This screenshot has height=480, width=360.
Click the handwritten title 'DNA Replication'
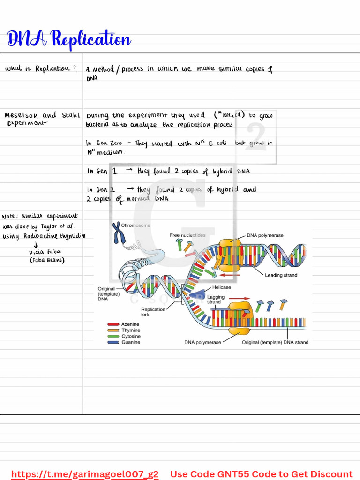69,39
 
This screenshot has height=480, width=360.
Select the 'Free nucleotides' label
187,235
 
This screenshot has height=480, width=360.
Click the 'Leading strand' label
281,275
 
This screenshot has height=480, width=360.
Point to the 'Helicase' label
222,287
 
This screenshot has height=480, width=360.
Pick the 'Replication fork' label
153,312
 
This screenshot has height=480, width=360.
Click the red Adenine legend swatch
113,324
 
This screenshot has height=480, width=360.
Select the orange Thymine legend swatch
113,330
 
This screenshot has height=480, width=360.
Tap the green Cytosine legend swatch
113,337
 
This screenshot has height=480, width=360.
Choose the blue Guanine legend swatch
113,343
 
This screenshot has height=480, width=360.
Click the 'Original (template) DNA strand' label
275,342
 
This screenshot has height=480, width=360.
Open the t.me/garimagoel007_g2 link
85,474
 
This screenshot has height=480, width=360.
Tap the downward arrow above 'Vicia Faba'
36,244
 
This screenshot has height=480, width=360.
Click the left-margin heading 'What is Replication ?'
41,69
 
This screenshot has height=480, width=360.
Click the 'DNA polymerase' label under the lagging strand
202,342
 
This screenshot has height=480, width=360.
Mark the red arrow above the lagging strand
239,298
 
